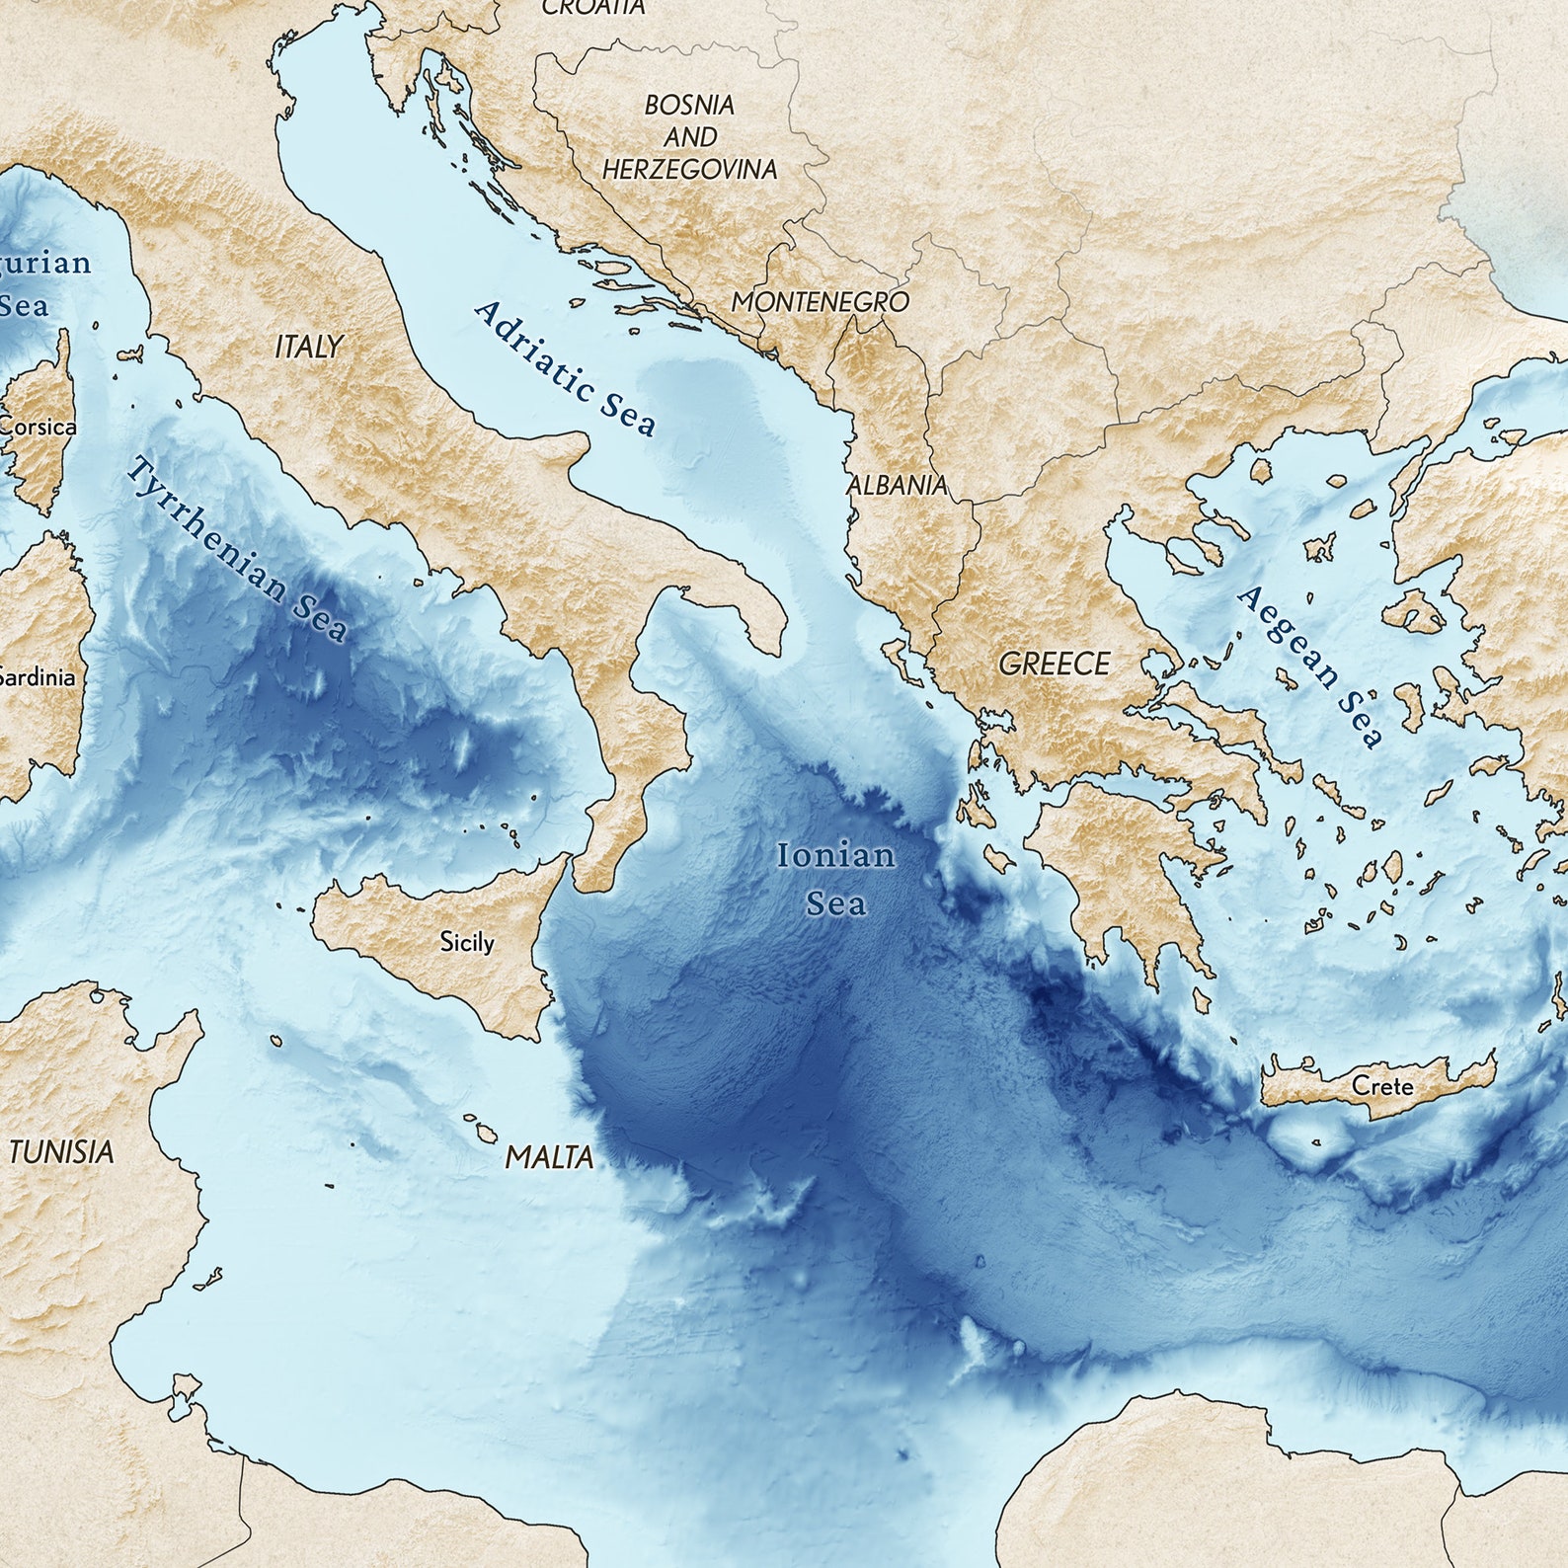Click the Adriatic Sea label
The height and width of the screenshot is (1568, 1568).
point(565,368)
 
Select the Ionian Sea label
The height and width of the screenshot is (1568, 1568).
point(835,878)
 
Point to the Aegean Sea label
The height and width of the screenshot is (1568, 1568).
point(1310,666)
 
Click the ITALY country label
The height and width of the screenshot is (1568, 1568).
point(308,347)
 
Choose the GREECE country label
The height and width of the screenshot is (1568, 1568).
point(1054,665)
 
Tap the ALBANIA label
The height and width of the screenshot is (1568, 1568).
point(897,485)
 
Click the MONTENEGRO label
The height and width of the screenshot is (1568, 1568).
point(820,302)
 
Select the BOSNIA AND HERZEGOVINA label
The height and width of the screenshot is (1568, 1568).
point(690,137)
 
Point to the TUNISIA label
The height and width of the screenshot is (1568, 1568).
point(61,1151)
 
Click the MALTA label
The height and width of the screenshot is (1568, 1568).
point(550,1157)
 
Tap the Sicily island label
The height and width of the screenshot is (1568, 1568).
point(466,942)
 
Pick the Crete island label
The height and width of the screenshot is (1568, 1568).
point(1382,1086)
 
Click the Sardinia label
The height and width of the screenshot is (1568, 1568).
point(38,677)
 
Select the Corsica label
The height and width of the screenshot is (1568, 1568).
point(38,428)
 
